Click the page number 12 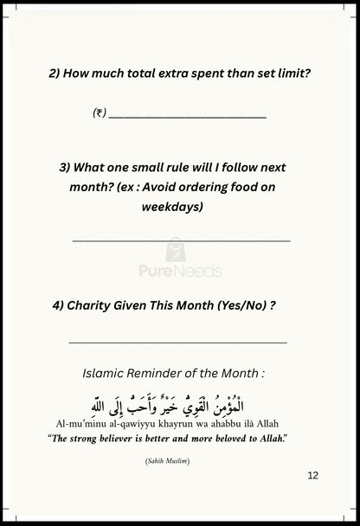coord(312,475)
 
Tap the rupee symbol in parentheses coord(99,113)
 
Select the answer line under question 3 coord(181,241)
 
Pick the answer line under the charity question coord(177,343)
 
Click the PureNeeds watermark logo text coord(180,271)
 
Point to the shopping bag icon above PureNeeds coord(175,250)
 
